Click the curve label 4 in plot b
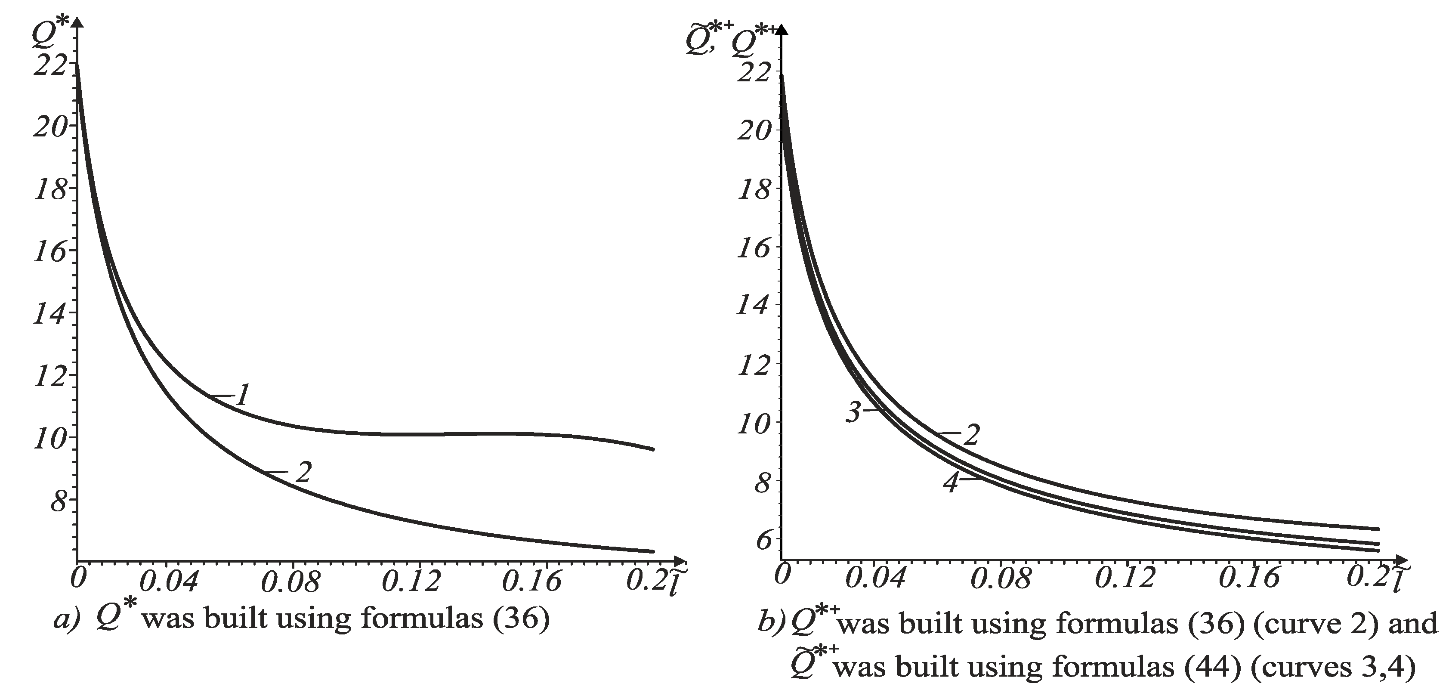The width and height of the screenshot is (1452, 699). click(x=950, y=482)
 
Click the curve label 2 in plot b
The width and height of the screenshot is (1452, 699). click(x=970, y=435)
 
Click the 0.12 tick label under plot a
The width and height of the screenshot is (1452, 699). click(x=411, y=581)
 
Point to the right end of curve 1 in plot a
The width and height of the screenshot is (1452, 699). click(x=653, y=449)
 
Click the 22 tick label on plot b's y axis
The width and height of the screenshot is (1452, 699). click(x=753, y=72)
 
